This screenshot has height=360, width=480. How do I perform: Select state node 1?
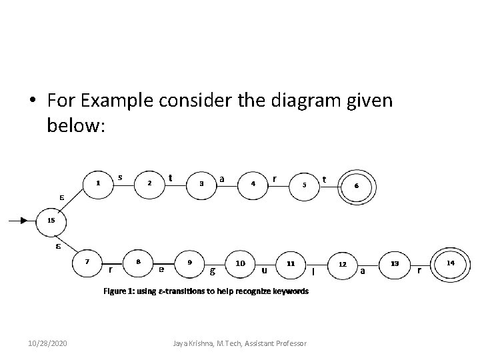click(98, 182)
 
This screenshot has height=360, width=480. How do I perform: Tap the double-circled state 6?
click(357, 185)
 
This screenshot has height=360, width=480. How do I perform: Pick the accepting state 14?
click(451, 263)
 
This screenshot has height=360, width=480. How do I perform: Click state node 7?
click(87, 262)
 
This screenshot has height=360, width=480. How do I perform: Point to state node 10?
click(240, 263)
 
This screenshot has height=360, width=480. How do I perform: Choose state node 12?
click(342, 264)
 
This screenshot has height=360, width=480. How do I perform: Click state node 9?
click(190, 263)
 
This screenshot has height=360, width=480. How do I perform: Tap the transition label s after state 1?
click(119, 177)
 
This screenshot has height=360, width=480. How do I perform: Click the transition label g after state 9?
click(212, 271)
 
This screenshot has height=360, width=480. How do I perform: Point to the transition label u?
click(265, 270)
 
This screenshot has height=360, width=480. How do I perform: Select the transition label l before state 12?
click(313, 271)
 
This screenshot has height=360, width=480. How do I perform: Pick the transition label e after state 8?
click(161, 270)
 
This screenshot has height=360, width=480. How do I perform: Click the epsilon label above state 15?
click(61, 197)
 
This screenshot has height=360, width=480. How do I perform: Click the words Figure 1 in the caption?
click(118, 291)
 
